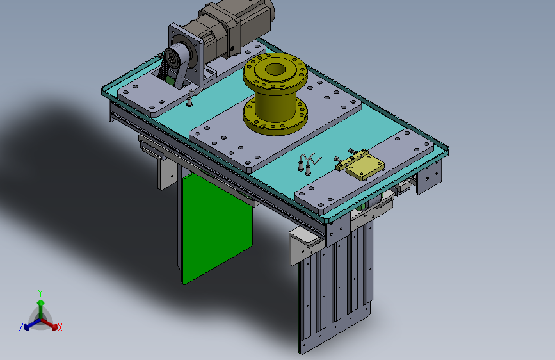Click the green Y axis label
[40, 293]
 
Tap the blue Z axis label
[21, 327]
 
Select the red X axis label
[60, 328]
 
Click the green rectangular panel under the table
[216, 227]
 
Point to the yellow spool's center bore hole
[275, 69]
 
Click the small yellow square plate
[365, 168]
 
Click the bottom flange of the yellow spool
[275, 118]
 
